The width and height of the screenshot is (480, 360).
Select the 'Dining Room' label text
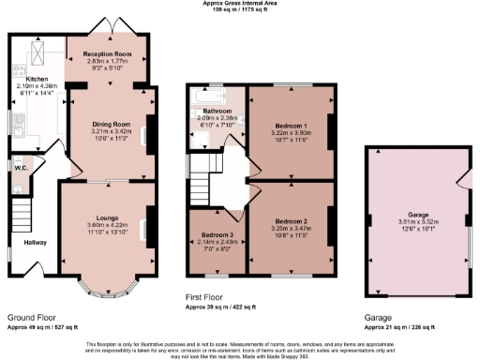coord(110,124)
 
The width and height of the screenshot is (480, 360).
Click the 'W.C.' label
coord(19,169)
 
